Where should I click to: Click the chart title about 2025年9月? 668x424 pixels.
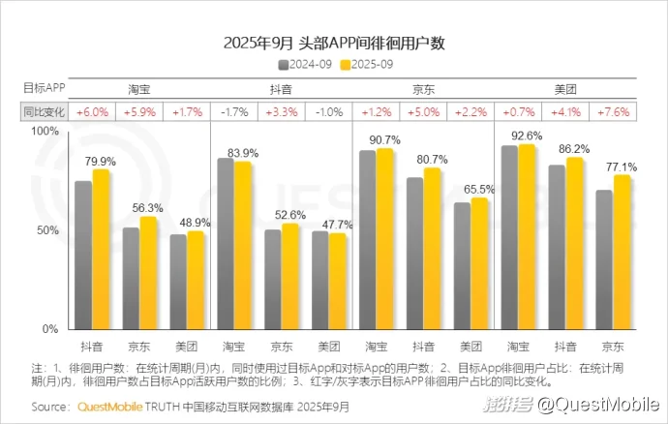(x=334, y=44)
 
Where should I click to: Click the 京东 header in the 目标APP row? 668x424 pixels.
(x=423, y=89)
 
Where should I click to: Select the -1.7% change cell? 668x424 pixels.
(x=234, y=112)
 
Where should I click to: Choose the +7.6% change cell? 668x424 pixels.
(x=613, y=112)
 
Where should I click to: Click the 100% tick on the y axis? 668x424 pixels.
(x=46, y=131)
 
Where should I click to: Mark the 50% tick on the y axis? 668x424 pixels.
(x=49, y=230)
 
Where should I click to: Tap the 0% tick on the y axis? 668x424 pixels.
(x=52, y=330)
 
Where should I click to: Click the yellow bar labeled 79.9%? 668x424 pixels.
(x=102, y=250)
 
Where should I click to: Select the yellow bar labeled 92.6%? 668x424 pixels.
(x=527, y=237)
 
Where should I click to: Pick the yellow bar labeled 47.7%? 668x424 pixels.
(x=337, y=281)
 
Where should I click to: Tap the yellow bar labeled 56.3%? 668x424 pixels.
(x=148, y=273)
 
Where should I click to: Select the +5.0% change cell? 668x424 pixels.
(x=423, y=112)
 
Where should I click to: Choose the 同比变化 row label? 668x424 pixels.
(x=44, y=112)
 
